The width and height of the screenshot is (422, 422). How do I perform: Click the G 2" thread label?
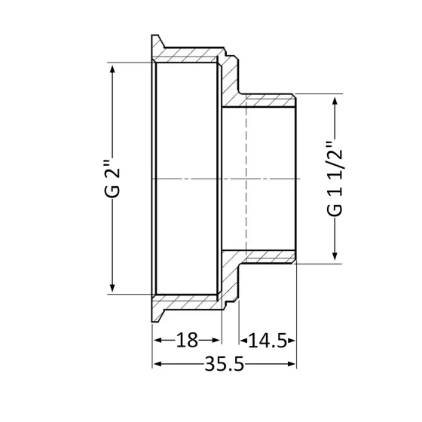point(112,179)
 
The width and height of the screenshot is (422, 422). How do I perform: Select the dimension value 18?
point(187,341)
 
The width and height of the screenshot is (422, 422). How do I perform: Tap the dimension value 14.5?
point(268,341)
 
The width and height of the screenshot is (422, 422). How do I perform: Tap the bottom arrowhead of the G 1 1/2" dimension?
point(332,258)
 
